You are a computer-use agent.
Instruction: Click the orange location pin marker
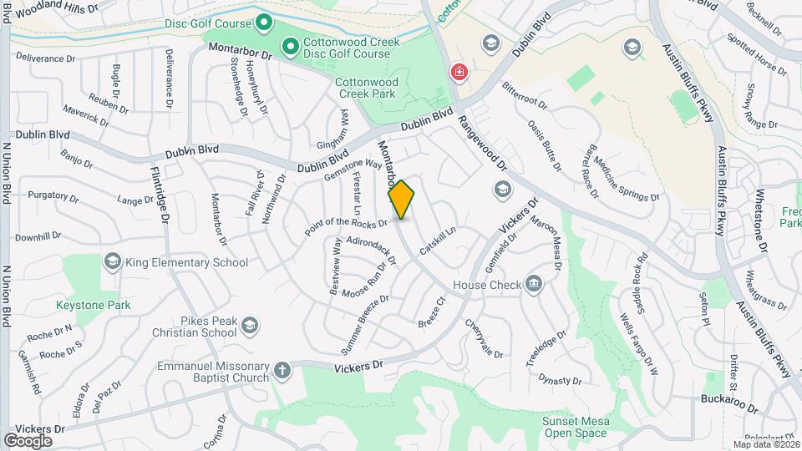tap(401, 200)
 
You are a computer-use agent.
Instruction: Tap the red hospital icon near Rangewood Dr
tap(458, 73)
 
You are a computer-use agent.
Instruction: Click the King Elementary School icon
tap(112, 262)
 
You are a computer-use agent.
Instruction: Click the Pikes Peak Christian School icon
tap(248, 325)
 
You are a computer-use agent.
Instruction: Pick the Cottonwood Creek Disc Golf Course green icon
tap(292, 48)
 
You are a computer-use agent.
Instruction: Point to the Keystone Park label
tap(94, 306)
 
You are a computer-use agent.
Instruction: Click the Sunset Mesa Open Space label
tap(575, 427)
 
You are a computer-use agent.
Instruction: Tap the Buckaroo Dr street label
tap(728, 410)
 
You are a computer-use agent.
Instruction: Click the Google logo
tap(28, 440)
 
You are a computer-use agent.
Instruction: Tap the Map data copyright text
tap(764, 444)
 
